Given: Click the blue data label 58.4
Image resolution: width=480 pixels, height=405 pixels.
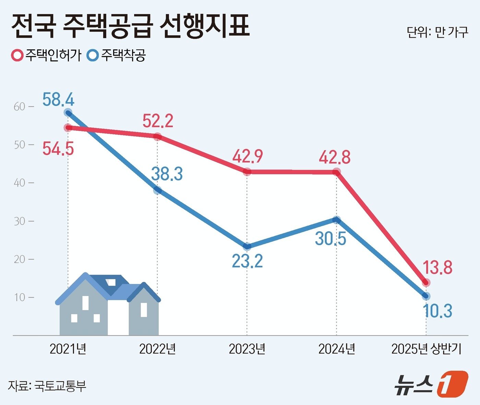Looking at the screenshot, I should point(58,100).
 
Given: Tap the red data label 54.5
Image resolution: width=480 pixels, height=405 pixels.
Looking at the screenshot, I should point(58,149).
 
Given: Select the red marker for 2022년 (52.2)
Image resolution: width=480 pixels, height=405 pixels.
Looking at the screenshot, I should point(157,137).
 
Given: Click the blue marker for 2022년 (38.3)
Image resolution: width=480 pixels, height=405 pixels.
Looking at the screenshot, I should point(157,190).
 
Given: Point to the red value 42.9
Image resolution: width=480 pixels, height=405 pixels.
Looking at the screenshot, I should point(247,157).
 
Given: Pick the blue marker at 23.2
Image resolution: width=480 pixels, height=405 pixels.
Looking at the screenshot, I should point(247,246).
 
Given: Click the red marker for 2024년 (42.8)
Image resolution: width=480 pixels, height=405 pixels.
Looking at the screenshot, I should point(337,172).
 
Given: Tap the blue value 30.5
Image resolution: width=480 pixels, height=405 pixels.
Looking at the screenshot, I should point(331,238).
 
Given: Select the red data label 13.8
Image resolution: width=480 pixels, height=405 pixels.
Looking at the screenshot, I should point(437,267).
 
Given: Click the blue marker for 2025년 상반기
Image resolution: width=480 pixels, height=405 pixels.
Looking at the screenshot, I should point(426,296).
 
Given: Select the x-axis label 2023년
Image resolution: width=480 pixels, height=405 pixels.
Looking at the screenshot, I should point(247,349).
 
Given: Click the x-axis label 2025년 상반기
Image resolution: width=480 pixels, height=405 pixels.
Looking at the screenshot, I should point(426,349).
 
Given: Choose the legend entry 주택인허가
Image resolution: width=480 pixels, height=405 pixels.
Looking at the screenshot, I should point(46,55).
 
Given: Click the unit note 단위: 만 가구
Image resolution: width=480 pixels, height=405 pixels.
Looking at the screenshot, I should point(437,32).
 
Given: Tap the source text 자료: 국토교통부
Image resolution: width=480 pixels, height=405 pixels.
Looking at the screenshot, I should point(47,386).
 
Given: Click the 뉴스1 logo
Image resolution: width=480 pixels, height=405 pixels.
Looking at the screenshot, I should point(431,384).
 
